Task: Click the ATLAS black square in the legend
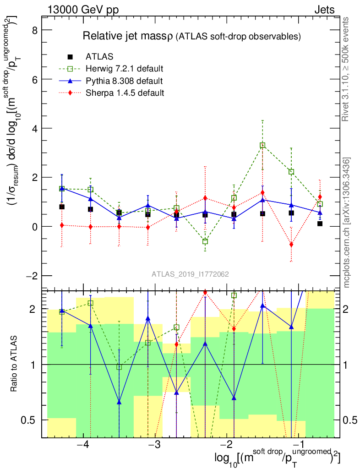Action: coord(70,57)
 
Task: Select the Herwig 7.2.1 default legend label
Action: coord(125,69)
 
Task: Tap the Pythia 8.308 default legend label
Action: coord(124,82)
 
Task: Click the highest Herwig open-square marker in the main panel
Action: coord(262,145)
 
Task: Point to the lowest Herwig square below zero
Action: coord(205,241)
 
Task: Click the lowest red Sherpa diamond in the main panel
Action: coord(291,245)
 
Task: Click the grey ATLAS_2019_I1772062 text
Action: coord(190,274)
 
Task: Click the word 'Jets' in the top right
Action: coord(324,10)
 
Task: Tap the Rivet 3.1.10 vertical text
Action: coord(347,69)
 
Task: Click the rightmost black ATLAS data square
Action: coord(320,224)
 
